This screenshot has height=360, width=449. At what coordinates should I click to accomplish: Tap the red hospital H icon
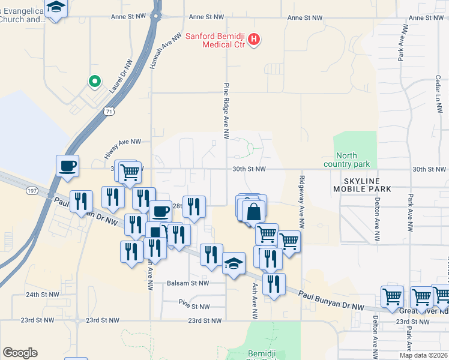(255, 40)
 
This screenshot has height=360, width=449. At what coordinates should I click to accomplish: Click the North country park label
(346, 160)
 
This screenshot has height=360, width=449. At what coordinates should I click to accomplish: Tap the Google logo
(20, 353)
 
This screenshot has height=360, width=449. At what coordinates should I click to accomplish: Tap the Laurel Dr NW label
(121, 79)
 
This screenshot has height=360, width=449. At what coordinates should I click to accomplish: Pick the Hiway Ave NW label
(122, 148)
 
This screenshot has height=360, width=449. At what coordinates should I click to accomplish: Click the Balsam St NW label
(188, 283)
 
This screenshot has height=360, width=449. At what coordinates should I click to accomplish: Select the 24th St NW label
(43, 295)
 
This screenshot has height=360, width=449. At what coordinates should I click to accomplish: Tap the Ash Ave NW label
(255, 301)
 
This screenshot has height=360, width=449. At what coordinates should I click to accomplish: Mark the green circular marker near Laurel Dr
(94, 80)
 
